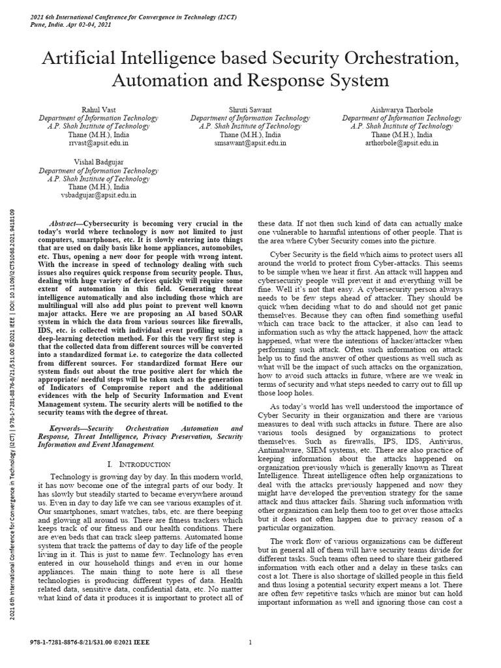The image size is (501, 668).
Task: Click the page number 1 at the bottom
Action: [250, 642]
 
